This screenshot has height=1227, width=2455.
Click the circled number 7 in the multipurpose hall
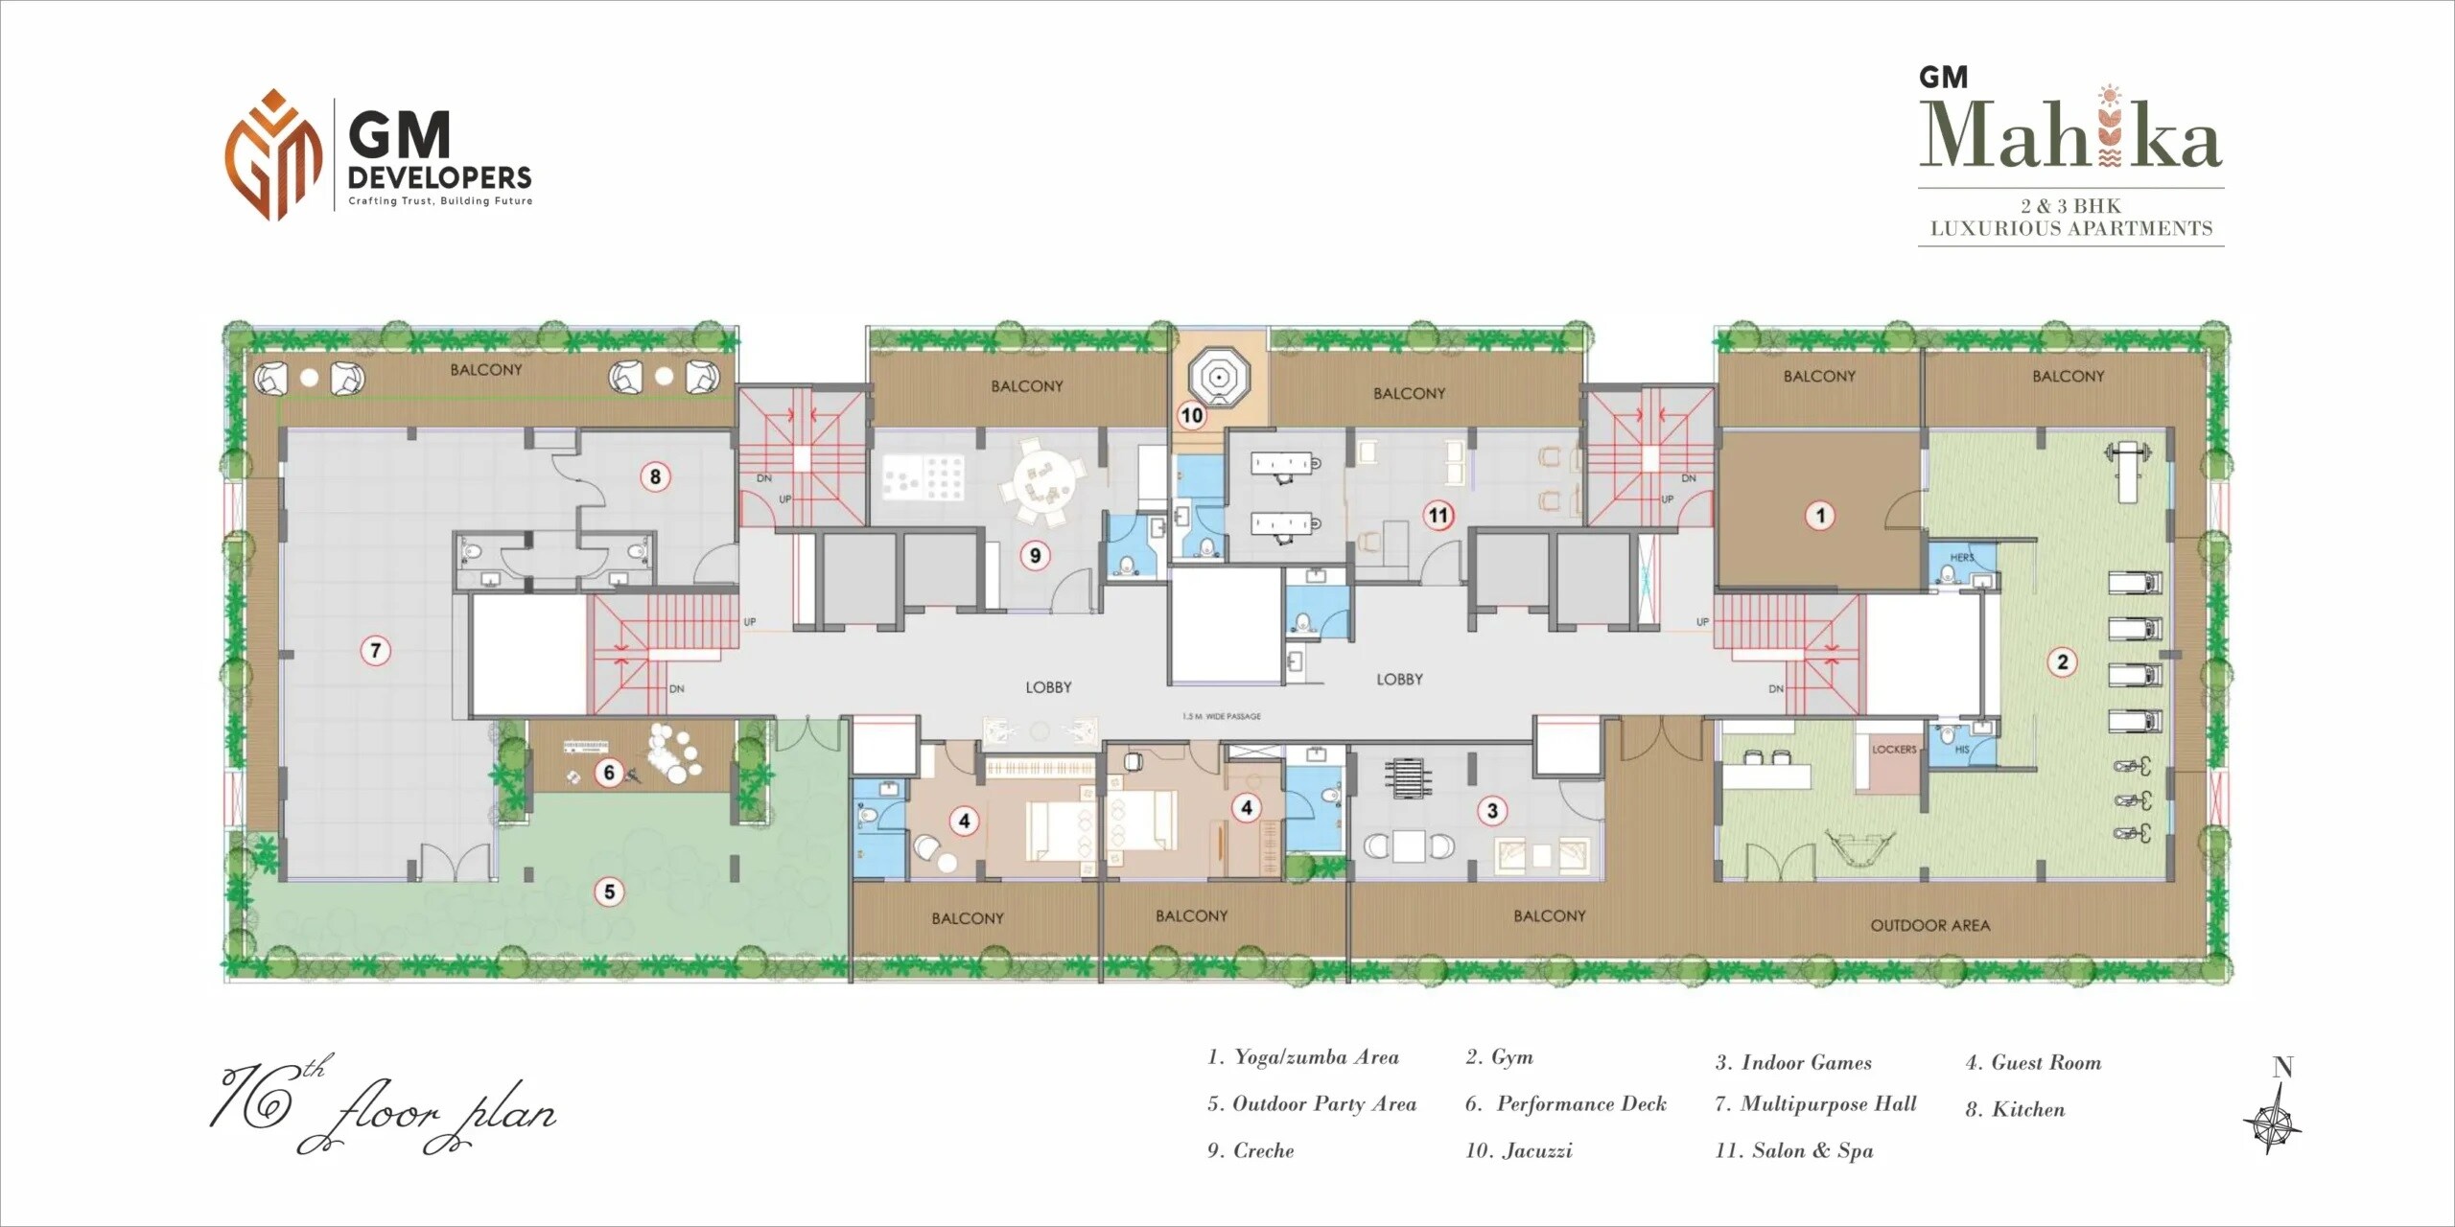point(375,651)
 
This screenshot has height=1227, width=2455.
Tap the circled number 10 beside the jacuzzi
point(1192,415)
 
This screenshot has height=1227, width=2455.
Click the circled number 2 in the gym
point(2063,661)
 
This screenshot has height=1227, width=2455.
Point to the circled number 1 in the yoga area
point(1821,516)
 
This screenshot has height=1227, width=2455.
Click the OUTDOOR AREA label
point(1929,925)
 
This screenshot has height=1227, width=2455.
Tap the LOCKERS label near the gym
point(1894,750)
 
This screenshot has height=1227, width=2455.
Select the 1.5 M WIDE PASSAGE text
point(1222,716)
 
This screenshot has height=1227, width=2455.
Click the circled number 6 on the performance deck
point(609,772)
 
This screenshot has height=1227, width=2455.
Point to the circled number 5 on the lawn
point(609,892)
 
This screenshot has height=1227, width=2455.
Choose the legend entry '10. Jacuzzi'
point(1519,1150)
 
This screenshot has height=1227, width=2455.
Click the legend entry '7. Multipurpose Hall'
point(1815,1104)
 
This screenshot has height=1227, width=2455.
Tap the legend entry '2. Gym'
point(1500,1057)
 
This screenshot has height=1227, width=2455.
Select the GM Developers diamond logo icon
point(273,154)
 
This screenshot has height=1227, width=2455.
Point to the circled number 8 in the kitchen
point(655,476)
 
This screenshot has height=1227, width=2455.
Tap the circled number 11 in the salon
point(1438,516)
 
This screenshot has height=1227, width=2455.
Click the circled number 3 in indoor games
point(1492,811)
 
